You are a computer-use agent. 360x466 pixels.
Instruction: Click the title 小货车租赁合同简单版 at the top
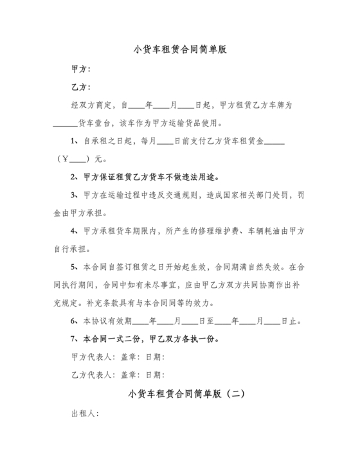click(180, 49)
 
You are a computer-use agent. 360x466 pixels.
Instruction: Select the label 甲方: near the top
click(80, 68)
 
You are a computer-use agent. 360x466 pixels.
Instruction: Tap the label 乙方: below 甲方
click(80, 86)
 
